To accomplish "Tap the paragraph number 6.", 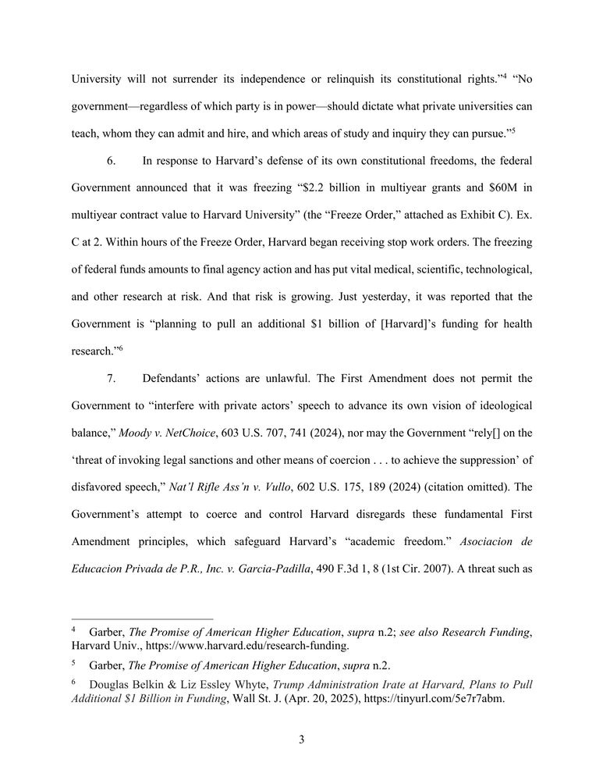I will (x=111, y=160).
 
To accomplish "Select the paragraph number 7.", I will (x=111, y=378).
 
